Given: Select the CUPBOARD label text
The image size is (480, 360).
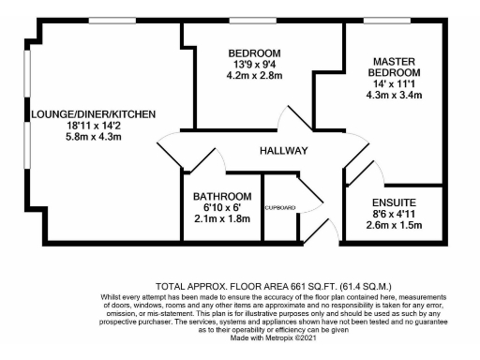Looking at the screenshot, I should pyautogui.click(x=279, y=207).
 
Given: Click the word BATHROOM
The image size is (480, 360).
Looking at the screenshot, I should pyautogui.click(x=222, y=196).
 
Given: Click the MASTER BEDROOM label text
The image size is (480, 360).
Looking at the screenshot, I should pyautogui.click(x=393, y=66).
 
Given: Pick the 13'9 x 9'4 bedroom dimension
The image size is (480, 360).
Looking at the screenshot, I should pyautogui.click(x=254, y=63).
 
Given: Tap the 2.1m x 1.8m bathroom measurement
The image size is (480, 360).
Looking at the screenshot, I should pyautogui.click(x=222, y=218).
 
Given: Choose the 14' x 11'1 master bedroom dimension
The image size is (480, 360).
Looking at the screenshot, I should pyautogui.click(x=393, y=84).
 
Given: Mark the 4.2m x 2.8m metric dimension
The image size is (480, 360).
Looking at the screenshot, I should pyautogui.click(x=254, y=74).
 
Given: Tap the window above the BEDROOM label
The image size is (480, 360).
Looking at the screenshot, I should pyautogui.click(x=254, y=20).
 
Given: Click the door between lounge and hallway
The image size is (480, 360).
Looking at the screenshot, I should pyautogui.click(x=172, y=150).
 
